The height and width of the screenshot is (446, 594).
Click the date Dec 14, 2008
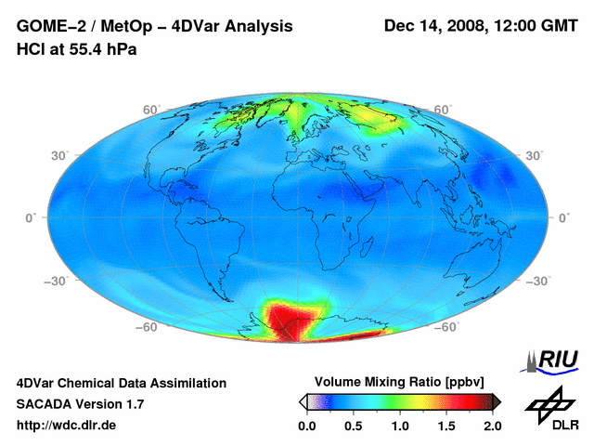(x=434, y=27)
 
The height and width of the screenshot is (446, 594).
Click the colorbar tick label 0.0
(x=307, y=426)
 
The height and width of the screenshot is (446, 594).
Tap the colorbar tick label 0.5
(x=354, y=426)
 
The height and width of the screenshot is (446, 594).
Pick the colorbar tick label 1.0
(x=400, y=426)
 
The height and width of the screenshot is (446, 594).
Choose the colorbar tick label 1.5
(x=446, y=426)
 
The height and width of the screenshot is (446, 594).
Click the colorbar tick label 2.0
(x=492, y=426)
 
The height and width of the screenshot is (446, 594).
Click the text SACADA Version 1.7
(x=80, y=404)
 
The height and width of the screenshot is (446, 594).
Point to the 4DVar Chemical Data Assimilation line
(x=122, y=383)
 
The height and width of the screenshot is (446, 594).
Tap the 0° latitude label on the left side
(x=30, y=217)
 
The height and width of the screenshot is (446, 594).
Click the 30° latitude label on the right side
(x=536, y=155)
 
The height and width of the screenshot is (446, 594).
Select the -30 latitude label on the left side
(x=55, y=280)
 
